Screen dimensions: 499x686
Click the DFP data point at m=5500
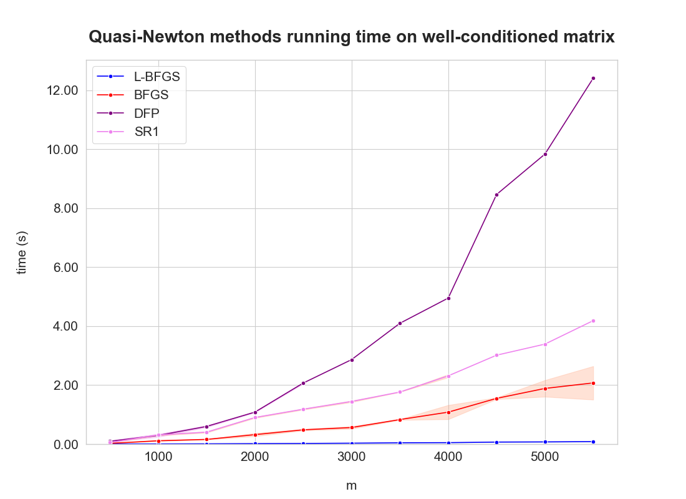click(x=593, y=78)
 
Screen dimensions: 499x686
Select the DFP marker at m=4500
click(x=496, y=195)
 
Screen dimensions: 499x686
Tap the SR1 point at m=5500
click(x=593, y=321)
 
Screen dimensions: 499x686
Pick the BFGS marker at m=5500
click(x=593, y=383)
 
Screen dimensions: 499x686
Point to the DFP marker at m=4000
click(x=448, y=298)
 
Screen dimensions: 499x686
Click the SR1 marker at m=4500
click(x=496, y=355)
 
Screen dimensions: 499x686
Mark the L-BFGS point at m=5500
click(x=593, y=442)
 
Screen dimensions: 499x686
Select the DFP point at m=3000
click(x=352, y=360)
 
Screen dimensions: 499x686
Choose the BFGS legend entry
click(x=151, y=95)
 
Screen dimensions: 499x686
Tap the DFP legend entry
click(x=147, y=113)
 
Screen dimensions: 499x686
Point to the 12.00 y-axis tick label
click(x=63, y=90)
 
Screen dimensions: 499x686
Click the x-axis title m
click(x=352, y=485)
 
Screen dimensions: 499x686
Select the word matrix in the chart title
click(x=589, y=37)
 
